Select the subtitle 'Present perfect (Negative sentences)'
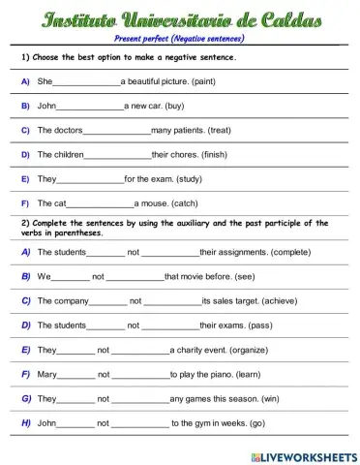(x=179, y=38)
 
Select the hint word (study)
(x=198, y=178)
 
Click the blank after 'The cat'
(x=100, y=204)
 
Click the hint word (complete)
(x=291, y=252)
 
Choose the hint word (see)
(x=248, y=276)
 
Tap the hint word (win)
(x=270, y=398)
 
